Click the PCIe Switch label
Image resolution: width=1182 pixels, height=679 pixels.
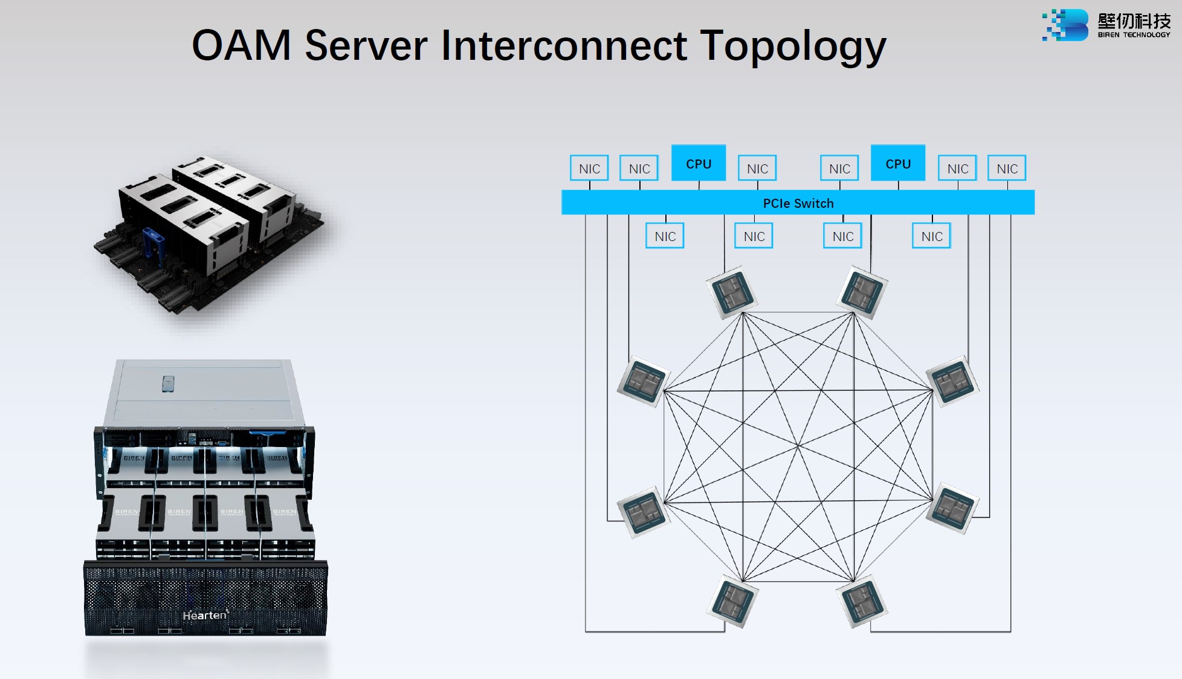[x=798, y=204]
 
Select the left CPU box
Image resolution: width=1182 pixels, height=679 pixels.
[x=699, y=163]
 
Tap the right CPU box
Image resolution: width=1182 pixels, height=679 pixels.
[x=897, y=163]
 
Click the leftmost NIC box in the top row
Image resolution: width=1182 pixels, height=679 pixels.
[x=589, y=169]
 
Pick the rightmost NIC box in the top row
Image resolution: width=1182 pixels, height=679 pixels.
[x=1007, y=169]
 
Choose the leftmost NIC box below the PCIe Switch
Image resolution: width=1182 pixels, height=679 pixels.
[x=665, y=236]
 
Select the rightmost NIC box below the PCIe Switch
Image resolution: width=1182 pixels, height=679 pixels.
[x=931, y=236]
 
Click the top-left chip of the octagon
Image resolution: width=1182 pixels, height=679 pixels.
[x=732, y=292]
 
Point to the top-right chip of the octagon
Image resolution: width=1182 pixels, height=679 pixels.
[x=862, y=292]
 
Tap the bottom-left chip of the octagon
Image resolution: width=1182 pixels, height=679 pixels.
[x=732, y=602]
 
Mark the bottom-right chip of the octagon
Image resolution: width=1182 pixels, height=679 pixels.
[x=862, y=602]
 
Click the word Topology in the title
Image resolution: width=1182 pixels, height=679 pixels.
[x=793, y=46]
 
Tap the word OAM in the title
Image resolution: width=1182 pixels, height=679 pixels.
[x=241, y=46]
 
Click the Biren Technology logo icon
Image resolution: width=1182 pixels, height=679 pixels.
[x=1065, y=25]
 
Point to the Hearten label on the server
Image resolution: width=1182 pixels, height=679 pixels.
[x=205, y=615]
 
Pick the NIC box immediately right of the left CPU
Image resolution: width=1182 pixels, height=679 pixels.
[x=757, y=169]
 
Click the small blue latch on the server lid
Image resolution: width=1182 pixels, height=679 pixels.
[x=169, y=384]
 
